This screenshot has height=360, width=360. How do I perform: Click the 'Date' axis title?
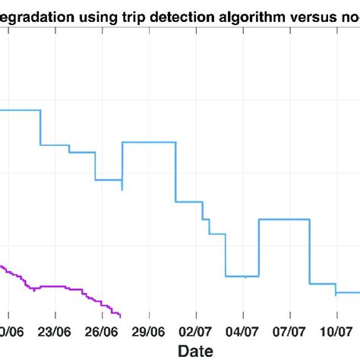[x=196, y=350]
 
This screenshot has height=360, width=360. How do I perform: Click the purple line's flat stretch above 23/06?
[x=55, y=286]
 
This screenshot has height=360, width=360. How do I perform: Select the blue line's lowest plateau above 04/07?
[x=243, y=276]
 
